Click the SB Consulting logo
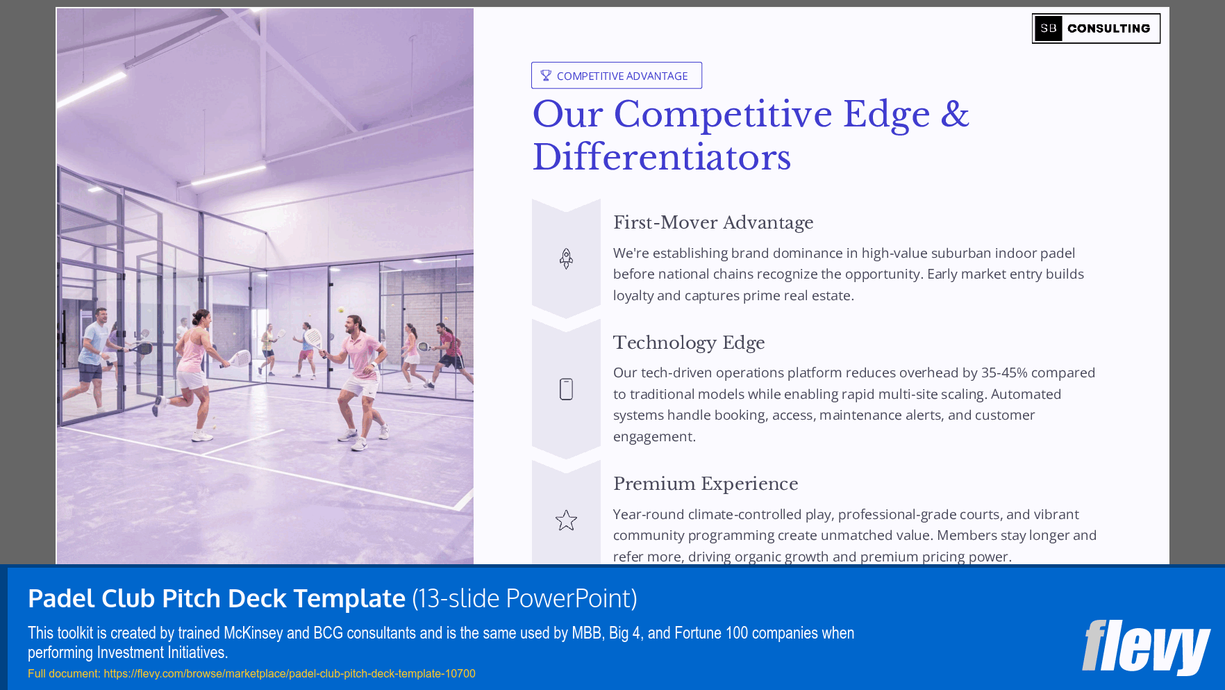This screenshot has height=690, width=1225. pos(1095,28)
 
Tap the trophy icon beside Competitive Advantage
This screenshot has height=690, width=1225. pos(546,76)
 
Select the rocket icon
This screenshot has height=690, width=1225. pos(566,258)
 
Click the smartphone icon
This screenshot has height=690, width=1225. pos(566,389)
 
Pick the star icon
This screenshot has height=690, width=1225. pos(566,520)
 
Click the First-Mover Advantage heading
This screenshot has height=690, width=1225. pos(712,222)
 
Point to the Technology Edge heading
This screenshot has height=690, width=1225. pos(688,343)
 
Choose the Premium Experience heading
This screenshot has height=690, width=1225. pos(705,484)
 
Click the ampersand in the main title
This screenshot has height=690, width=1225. pos(955,114)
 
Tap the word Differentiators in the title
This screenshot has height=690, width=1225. pos(661,157)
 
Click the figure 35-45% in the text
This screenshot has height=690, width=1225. pos(1003,372)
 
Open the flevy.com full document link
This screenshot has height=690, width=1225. pos(289,673)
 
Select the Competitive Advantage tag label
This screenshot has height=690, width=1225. pos(622,76)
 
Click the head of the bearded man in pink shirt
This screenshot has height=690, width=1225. pos(353,325)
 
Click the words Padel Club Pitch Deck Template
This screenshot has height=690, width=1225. pos(216,598)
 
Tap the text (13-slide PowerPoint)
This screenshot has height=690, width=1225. pos(524,598)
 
